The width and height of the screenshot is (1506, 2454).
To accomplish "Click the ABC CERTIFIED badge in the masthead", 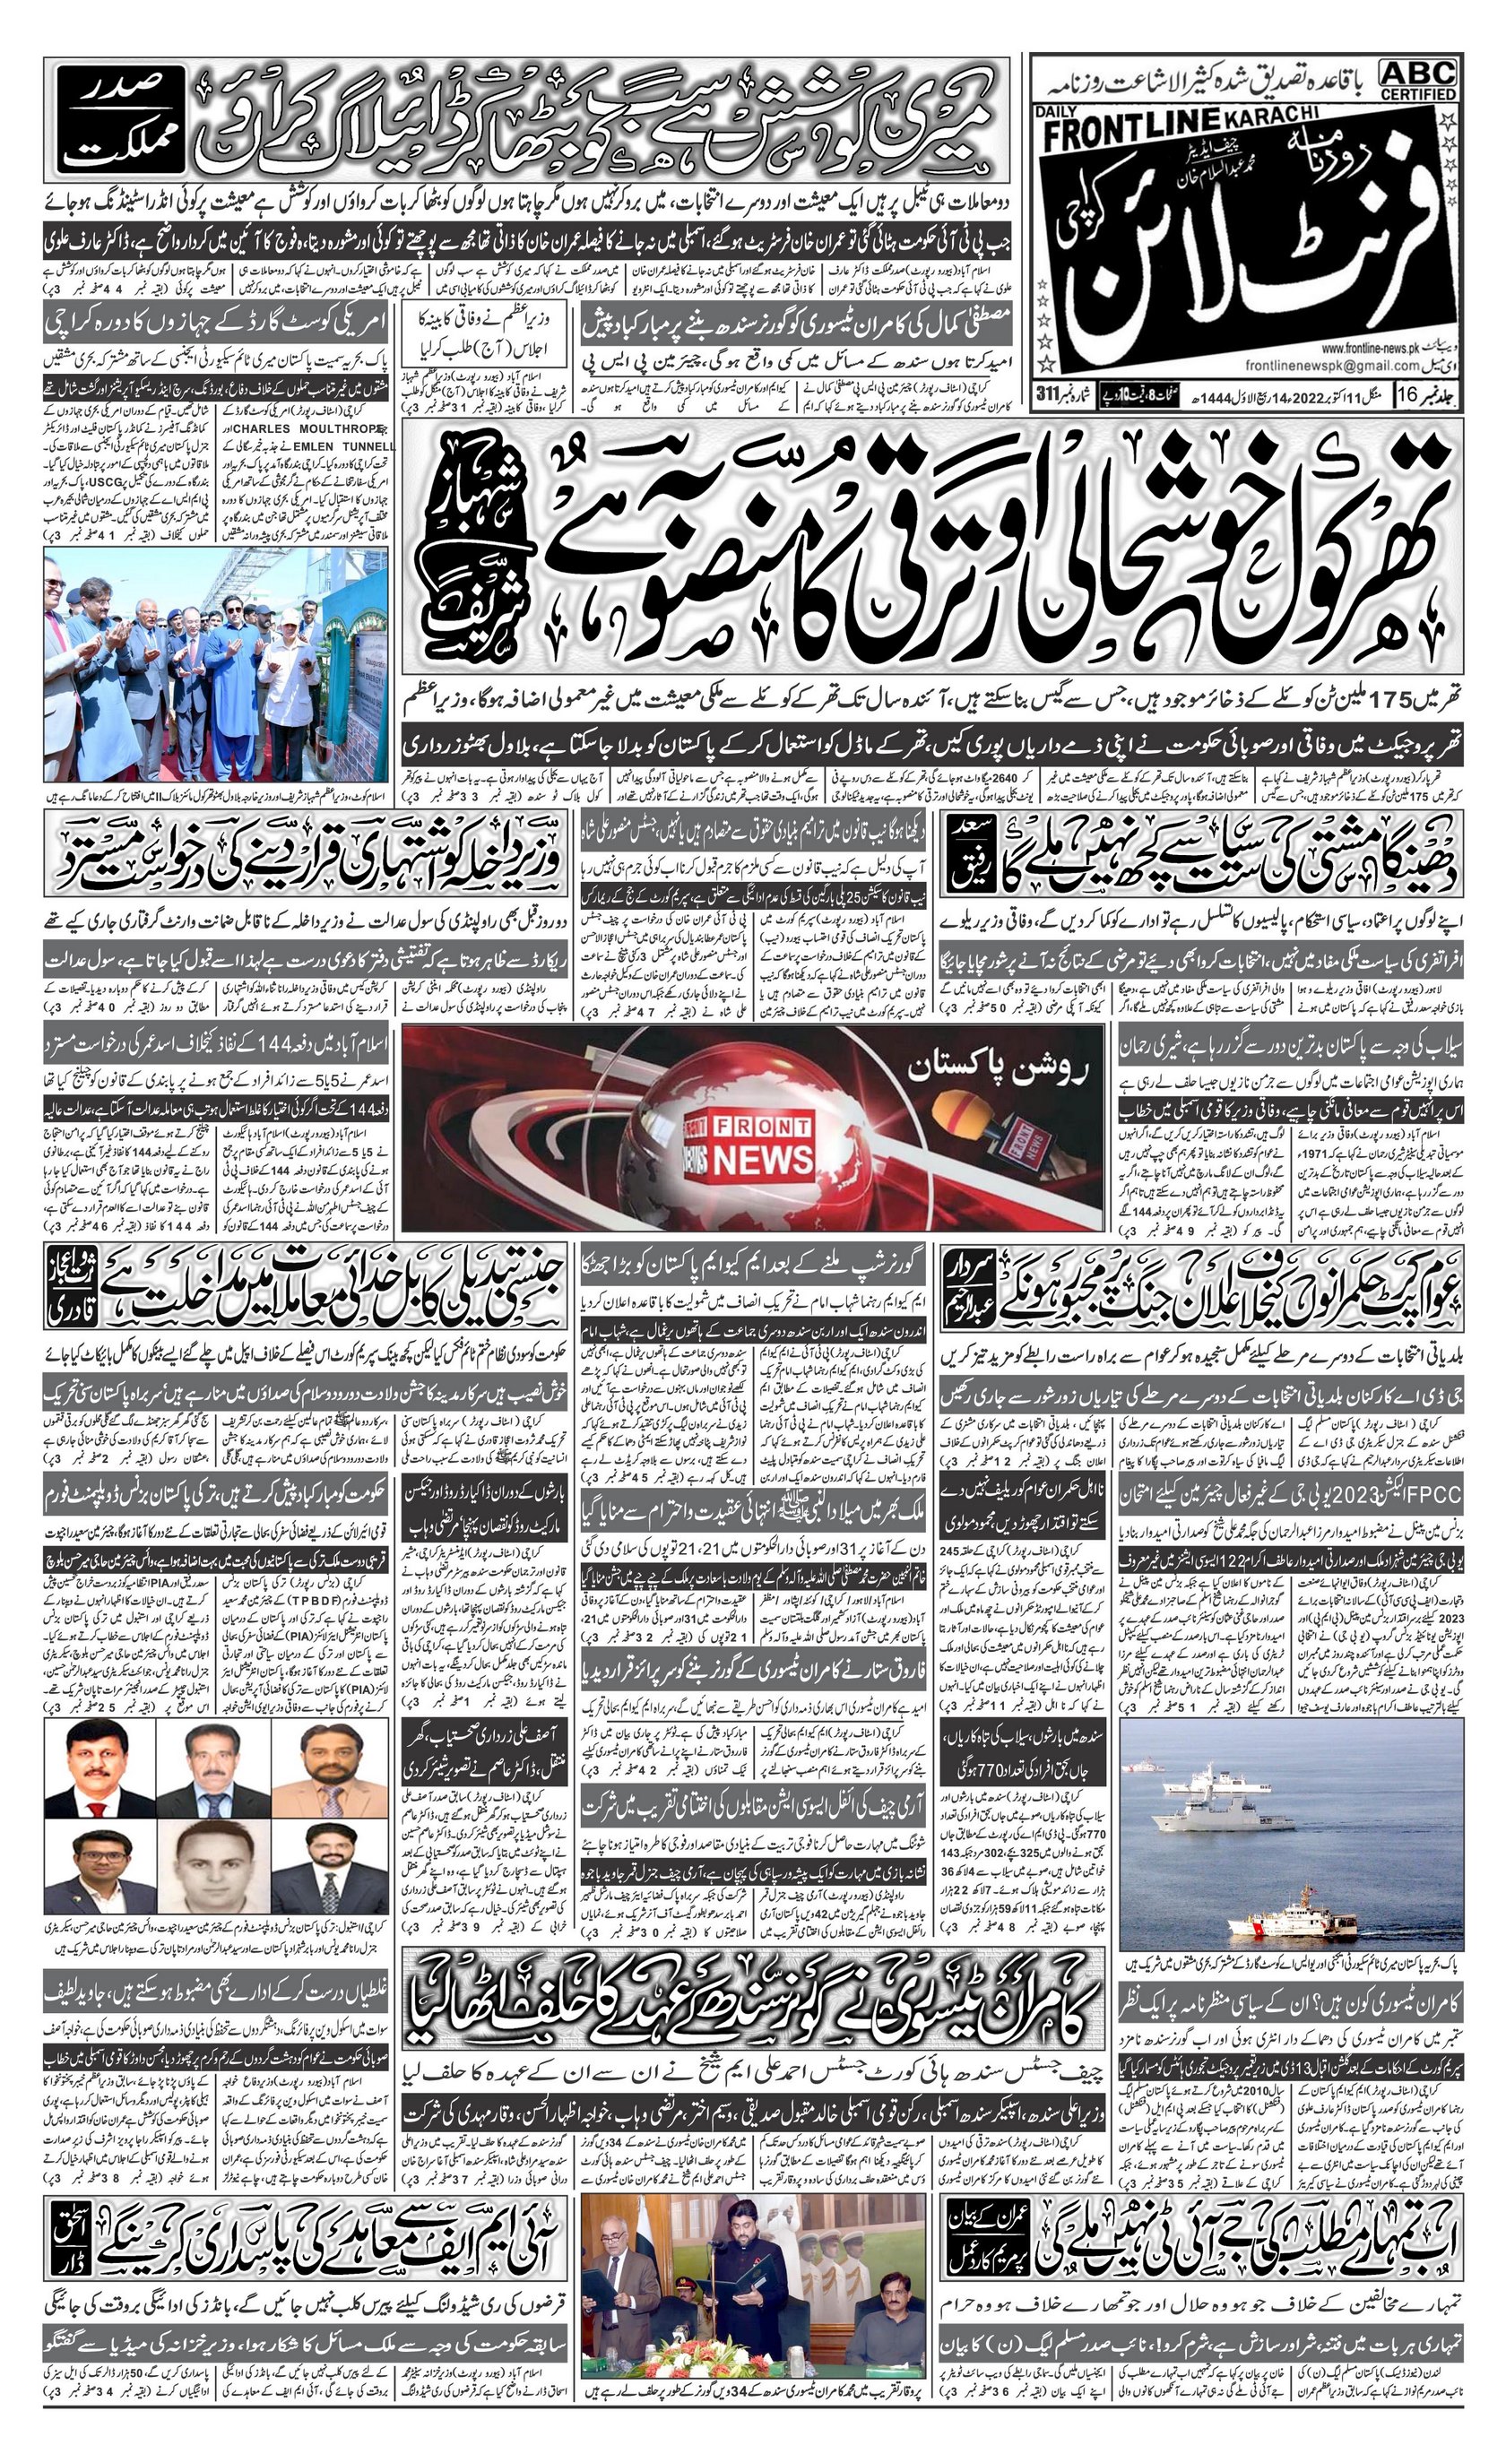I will pos(1417,79).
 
